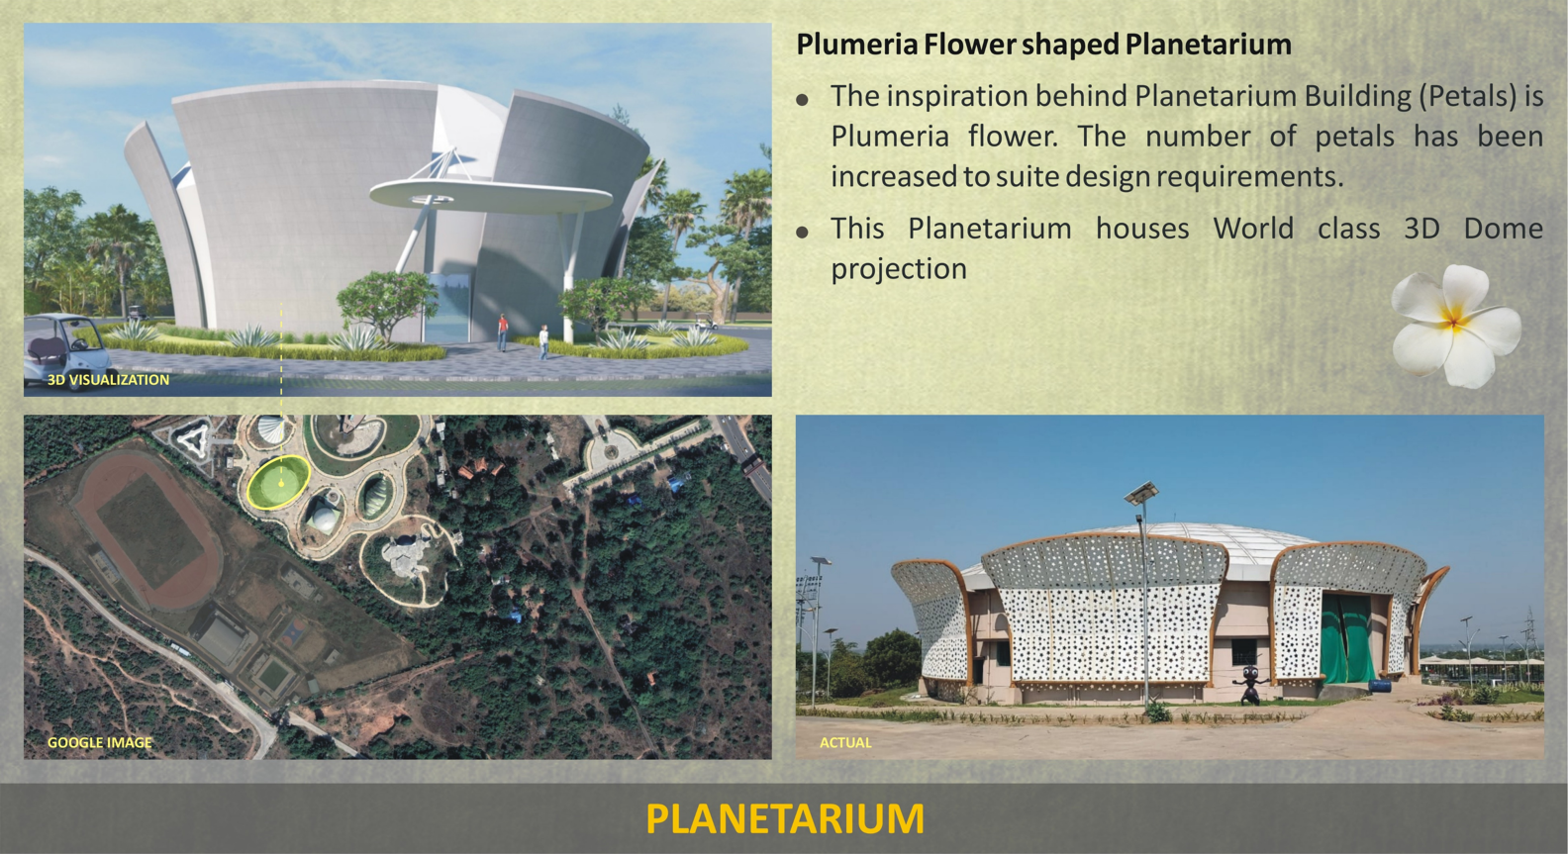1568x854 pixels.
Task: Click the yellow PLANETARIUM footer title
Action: (785, 818)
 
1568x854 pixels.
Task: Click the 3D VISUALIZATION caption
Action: (109, 380)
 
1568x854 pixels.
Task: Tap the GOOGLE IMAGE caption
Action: (99, 743)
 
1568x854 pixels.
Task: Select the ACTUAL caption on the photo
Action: (845, 743)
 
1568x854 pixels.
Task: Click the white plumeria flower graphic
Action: (1455, 326)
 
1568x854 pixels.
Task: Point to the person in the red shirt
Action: (503, 332)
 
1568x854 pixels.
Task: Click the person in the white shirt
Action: (543, 342)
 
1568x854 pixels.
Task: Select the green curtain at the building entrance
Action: (1345, 637)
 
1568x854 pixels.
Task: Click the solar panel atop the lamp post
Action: (1141, 493)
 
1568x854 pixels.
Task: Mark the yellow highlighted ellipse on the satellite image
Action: (278, 481)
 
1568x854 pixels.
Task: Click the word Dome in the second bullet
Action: (1503, 229)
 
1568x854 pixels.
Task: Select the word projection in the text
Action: (899, 269)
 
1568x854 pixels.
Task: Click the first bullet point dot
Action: (802, 100)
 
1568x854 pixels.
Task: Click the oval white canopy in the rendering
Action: (490, 194)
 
